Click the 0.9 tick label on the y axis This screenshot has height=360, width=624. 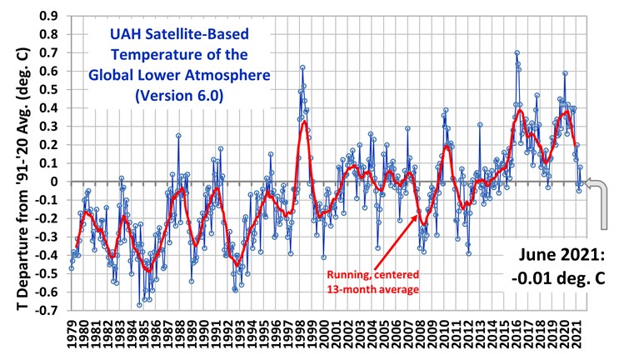[x=50, y=16]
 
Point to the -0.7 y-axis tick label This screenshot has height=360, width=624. [x=48, y=310]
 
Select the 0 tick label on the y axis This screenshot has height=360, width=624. [x=56, y=181]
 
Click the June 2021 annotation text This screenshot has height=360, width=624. [x=557, y=257]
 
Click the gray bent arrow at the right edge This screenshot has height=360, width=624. [x=594, y=200]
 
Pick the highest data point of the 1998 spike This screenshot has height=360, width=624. [x=302, y=67]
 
